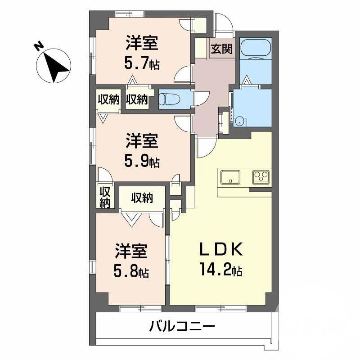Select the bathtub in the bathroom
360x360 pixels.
(x=255, y=49)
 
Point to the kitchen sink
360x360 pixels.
(x=230, y=176)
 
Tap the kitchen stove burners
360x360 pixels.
(x=261, y=176)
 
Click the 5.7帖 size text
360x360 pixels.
(x=142, y=63)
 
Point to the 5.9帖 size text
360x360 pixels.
(x=142, y=161)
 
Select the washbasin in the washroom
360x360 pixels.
(x=241, y=120)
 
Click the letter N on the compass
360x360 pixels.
(x=39, y=46)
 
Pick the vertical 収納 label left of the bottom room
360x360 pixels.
(x=105, y=197)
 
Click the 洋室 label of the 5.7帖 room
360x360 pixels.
(x=142, y=44)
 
